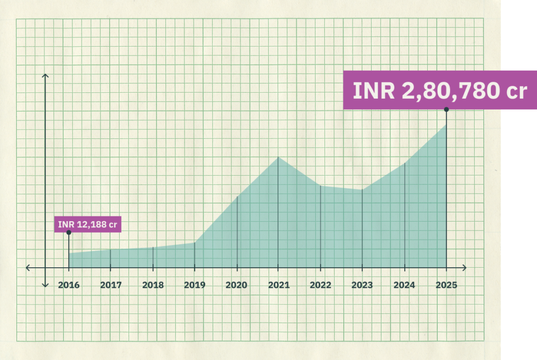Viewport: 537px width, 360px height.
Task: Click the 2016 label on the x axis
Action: [69, 286]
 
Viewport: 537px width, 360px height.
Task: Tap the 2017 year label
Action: [111, 286]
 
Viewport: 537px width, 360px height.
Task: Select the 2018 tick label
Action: [153, 286]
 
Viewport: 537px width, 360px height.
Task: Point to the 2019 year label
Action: [195, 286]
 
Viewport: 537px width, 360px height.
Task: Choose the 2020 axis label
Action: [237, 286]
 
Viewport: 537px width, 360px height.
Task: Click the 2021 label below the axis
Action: [278, 286]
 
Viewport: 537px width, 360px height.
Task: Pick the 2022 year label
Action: [320, 286]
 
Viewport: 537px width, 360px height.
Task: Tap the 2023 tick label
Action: [362, 286]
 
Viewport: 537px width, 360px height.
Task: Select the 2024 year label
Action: [404, 286]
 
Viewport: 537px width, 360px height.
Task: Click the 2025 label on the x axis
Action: [446, 286]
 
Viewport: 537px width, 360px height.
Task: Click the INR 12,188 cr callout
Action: [88, 225]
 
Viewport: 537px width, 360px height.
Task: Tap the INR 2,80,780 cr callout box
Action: [439, 90]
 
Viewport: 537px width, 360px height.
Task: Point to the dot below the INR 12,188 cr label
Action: [69, 232]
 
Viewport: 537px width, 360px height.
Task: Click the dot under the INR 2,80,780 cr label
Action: [446, 110]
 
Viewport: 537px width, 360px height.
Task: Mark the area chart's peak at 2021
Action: [278, 157]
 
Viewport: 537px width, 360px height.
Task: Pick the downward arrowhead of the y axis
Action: [46, 285]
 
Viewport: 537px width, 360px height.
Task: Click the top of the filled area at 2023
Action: [362, 190]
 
